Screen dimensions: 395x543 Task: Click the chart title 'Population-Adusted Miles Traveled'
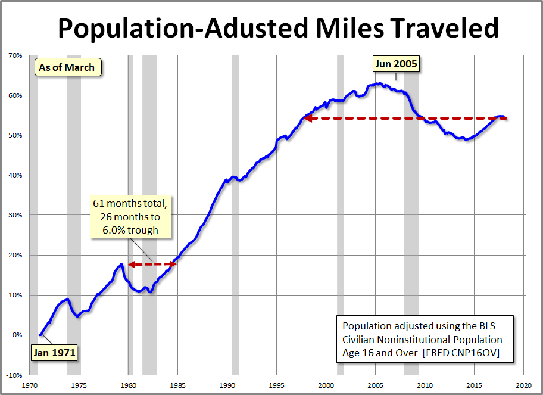pos(277,27)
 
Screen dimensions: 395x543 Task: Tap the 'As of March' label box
pos(67,67)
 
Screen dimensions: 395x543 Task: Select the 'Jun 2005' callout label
pos(396,63)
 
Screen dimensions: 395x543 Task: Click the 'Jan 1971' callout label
pos(54,352)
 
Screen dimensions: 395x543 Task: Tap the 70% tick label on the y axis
pos(15,55)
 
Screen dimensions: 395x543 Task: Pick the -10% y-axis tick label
pos(14,375)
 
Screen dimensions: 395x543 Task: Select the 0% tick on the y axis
pos(17,335)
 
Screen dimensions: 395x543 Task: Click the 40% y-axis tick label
pos(15,175)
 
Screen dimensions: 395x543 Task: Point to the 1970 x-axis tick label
pos(30,384)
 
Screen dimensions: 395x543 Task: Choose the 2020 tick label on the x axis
pos(523,384)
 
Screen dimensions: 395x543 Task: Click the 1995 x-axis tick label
pos(277,384)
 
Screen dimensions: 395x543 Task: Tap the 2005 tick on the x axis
pos(375,384)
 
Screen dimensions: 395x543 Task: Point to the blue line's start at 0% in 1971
pos(40,335)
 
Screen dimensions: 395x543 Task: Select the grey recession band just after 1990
pos(235,214)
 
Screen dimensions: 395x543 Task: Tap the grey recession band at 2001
pos(341,214)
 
